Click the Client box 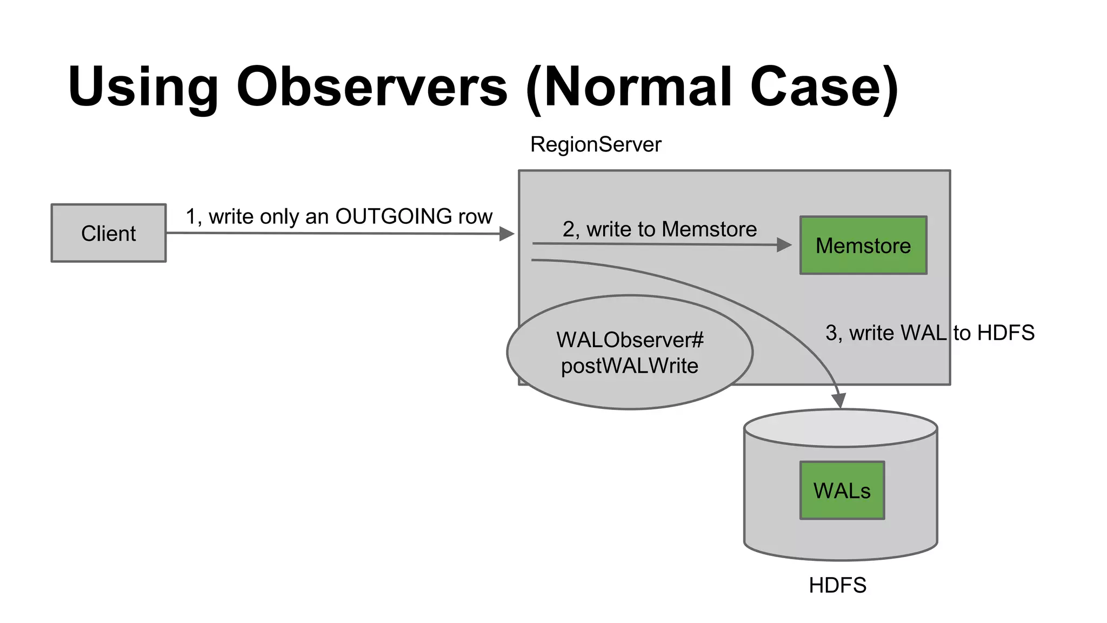(108, 233)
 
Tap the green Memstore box (863, 246)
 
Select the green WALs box (842, 491)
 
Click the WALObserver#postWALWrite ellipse (629, 353)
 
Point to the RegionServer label (595, 144)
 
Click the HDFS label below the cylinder (837, 585)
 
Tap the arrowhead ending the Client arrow (507, 234)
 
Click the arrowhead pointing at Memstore (784, 245)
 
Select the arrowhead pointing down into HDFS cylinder (838, 401)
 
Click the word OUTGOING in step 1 (394, 216)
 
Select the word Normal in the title (638, 87)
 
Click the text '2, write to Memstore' (659, 229)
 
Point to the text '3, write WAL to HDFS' (929, 333)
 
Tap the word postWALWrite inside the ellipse (629, 366)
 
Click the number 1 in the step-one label (191, 216)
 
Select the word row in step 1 (475, 216)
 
